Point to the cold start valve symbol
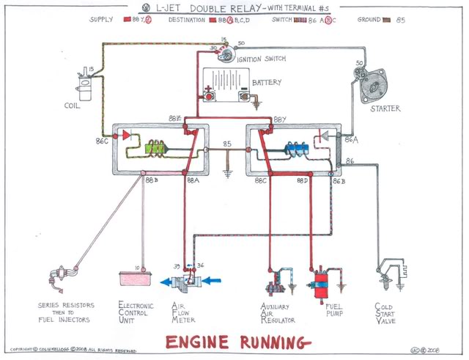[385, 277]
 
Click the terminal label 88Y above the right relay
[280, 118]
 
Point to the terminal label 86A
[351, 138]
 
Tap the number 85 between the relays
[227, 144]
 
